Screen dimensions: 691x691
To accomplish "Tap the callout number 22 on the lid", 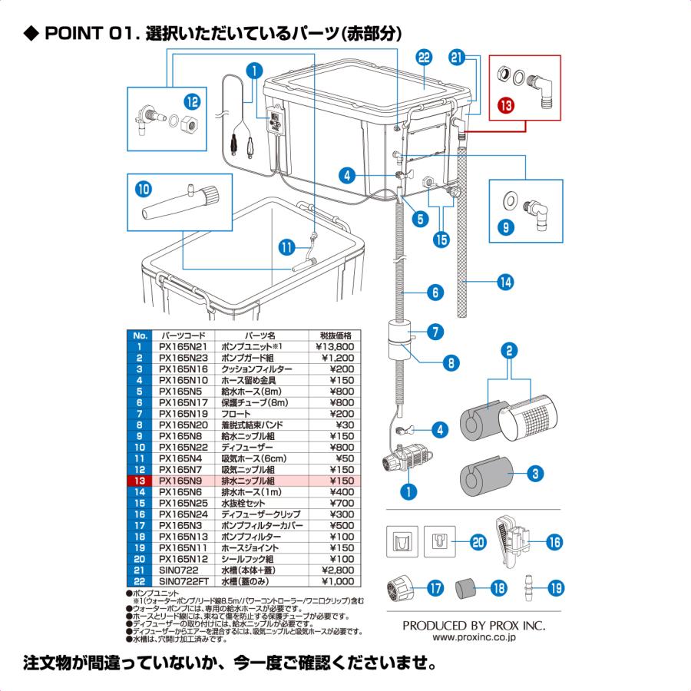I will click(x=424, y=58).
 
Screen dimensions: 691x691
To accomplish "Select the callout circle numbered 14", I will click(x=504, y=282).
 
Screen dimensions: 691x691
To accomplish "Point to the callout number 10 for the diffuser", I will click(x=144, y=187).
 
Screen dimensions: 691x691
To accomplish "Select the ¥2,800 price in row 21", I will click(x=336, y=570).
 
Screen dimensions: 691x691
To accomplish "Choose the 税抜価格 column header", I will click(x=335, y=336).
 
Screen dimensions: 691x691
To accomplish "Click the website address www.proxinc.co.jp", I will click(x=474, y=636).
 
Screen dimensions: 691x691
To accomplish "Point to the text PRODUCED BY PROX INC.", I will click(x=474, y=625).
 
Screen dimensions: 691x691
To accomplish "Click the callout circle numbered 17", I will click(x=435, y=589).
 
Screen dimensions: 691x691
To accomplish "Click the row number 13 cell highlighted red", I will click(x=139, y=481).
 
